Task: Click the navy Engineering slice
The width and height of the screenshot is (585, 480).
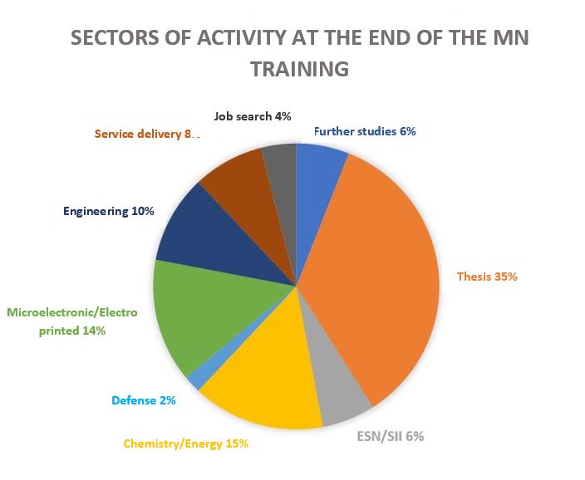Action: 195,233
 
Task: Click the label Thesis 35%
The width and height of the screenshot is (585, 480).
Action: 487,277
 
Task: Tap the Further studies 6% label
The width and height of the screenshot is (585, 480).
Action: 365,131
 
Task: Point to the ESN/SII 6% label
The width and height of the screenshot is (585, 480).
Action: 385,436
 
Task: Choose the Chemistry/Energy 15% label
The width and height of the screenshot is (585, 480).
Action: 185,443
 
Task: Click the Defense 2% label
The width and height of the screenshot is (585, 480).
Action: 143,400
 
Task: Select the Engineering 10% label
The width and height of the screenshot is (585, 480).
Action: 109,211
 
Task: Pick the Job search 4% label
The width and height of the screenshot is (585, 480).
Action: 252,116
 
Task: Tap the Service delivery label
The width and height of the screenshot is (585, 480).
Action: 147,133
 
